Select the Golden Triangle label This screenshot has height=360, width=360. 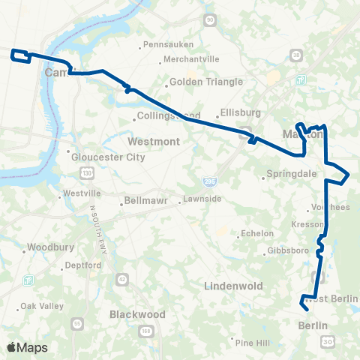[x=196, y=81]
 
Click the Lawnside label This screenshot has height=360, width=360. [x=203, y=199]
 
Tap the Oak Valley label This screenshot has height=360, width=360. [x=40, y=305]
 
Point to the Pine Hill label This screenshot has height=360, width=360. [x=252, y=342]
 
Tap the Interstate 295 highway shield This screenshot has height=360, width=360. [x=208, y=180]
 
